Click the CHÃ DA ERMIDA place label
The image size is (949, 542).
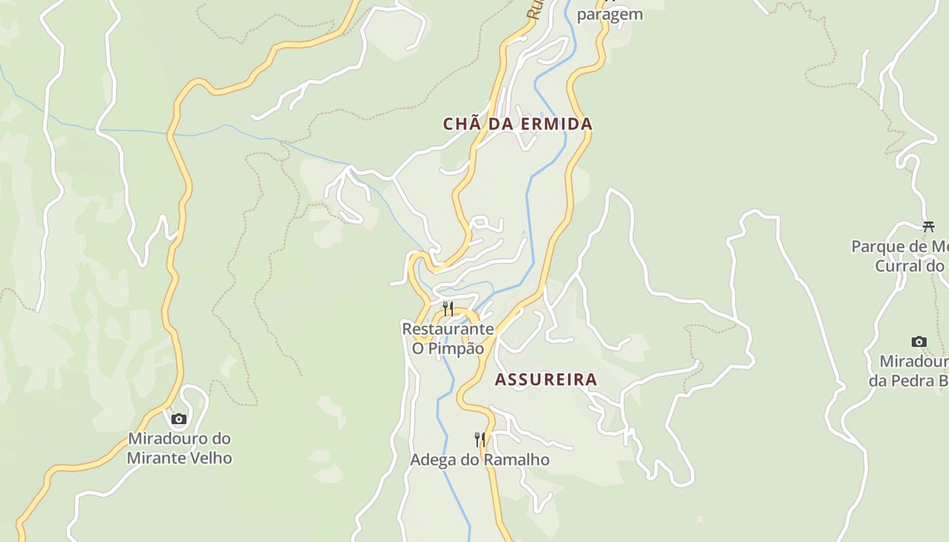pyautogui.click(x=517, y=124)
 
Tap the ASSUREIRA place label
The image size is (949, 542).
pyautogui.click(x=546, y=379)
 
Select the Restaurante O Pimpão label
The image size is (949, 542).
pyautogui.click(x=448, y=339)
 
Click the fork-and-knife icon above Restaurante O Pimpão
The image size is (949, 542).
pyautogui.click(x=448, y=309)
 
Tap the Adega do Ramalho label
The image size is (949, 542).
pyautogui.click(x=479, y=460)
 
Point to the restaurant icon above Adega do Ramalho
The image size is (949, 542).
pyautogui.click(x=480, y=439)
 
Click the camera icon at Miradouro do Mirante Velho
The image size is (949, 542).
pyautogui.click(x=179, y=419)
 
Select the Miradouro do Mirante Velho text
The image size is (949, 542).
pyautogui.click(x=180, y=449)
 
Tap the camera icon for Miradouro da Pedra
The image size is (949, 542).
pyautogui.click(x=918, y=341)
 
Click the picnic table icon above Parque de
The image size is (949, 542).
pyautogui.click(x=928, y=226)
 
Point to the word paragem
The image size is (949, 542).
pyautogui.click(x=609, y=15)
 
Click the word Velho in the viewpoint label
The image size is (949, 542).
pyautogui.click(x=210, y=459)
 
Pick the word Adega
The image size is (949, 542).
pyautogui.click(x=432, y=460)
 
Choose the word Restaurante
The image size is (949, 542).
pyautogui.click(x=448, y=329)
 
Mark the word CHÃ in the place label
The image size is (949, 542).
pyautogui.click(x=458, y=124)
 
